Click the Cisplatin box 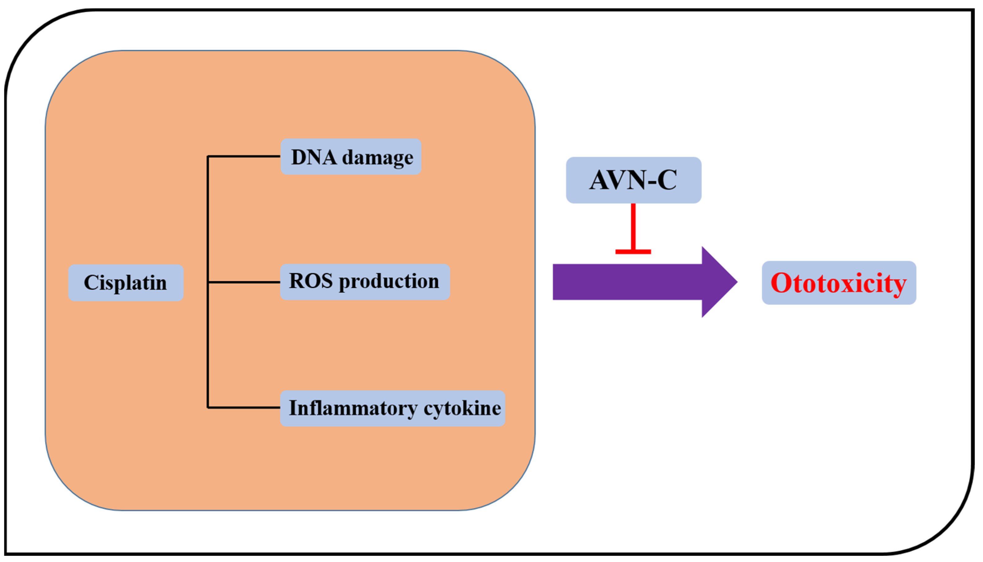tap(126, 283)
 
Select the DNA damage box tap(351, 157)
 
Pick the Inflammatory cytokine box tap(393, 409)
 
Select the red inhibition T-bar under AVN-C tap(633, 228)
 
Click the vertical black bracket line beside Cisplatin tap(208, 340)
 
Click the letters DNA tap(314, 157)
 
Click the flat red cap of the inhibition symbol tap(633, 252)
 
